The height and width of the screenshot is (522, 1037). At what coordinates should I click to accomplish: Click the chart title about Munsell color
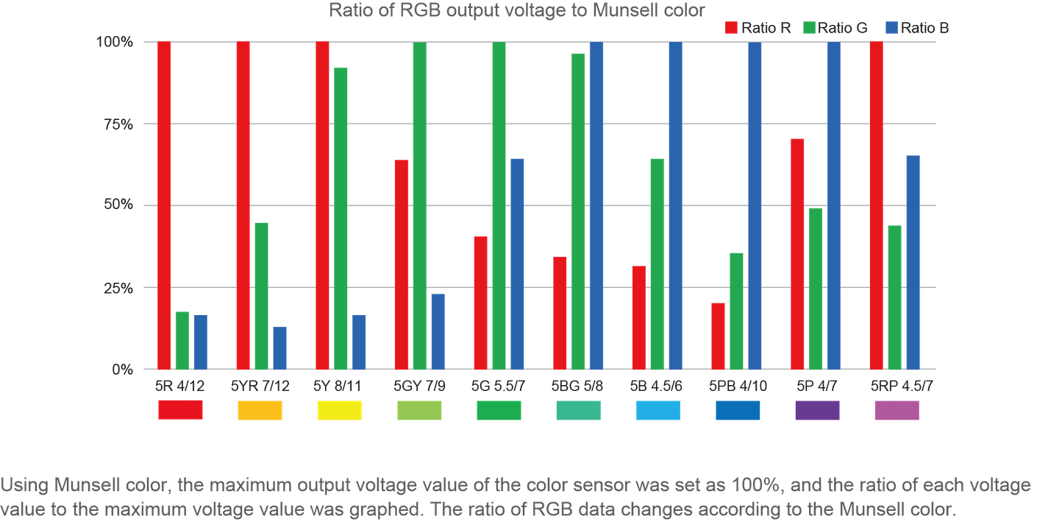(517, 10)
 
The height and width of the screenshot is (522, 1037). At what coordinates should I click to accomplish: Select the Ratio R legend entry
(758, 28)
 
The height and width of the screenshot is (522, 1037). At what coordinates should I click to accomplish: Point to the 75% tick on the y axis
(117, 124)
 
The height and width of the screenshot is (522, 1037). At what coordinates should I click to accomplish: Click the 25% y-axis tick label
(117, 287)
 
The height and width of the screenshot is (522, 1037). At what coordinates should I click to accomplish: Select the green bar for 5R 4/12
(182, 340)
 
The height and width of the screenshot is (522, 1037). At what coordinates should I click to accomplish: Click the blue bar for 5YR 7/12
(279, 348)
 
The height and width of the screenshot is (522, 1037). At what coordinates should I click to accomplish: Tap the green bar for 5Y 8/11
(341, 218)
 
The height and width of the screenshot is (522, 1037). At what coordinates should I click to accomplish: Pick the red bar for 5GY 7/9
(402, 264)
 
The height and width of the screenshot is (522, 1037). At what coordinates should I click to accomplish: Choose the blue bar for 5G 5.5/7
(517, 264)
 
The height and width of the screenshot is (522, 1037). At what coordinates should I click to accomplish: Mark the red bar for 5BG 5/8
(560, 312)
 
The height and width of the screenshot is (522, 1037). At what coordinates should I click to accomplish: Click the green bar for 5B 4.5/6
(658, 264)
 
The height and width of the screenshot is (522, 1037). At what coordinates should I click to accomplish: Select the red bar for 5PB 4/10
(719, 336)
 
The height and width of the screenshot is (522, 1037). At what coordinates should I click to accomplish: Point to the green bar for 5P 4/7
(816, 288)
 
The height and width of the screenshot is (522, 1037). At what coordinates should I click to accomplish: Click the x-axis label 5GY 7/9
(419, 385)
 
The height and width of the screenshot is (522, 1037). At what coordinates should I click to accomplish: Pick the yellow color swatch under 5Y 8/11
(339, 410)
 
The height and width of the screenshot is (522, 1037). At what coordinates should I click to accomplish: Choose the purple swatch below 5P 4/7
(817, 410)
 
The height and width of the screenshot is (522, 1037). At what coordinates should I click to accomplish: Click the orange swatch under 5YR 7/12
(260, 410)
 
